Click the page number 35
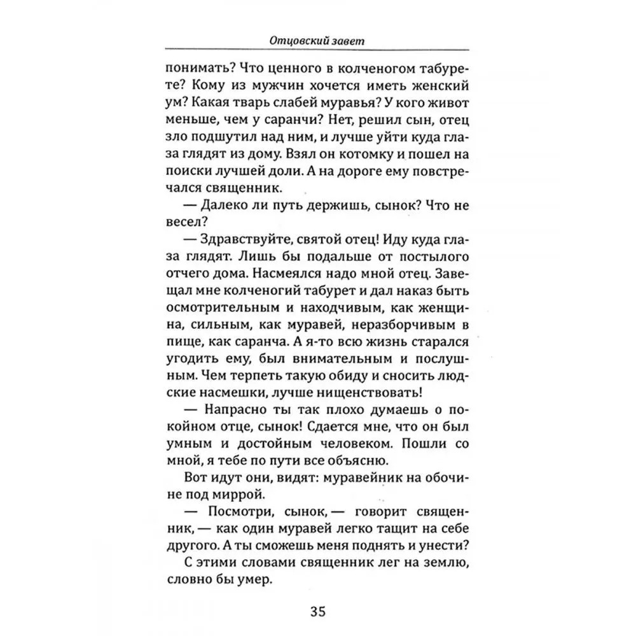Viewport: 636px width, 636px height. [x=318, y=612]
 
